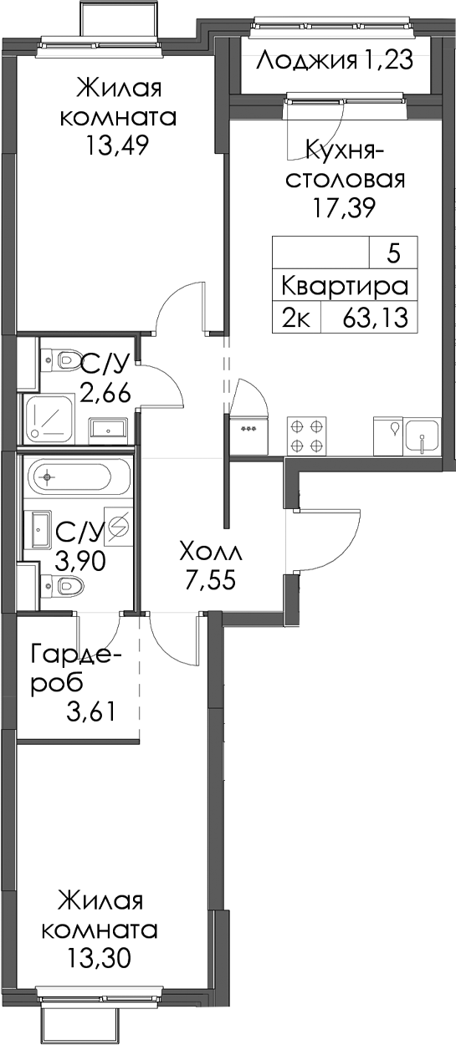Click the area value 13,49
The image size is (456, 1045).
tap(116, 146)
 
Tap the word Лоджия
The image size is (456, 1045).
tap(307, 61)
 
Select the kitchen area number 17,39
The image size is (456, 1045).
tap(344, 208)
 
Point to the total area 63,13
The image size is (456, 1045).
tap(375, 319)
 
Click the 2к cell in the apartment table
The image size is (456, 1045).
tap(296, 319)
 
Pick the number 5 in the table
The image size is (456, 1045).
tap(393, 254)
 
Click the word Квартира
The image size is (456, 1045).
tap(345, 287)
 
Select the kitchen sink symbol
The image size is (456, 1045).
tap(423, 436)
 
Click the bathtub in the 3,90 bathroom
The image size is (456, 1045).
tap(69, 477)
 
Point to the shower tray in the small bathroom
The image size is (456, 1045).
tap(49, 419)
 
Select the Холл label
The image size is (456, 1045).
tap(211, 553)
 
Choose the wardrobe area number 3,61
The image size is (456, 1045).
tap(90, 712)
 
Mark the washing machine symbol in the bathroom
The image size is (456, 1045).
tap(119, 527)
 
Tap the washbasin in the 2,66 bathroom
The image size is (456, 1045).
tap(108, 428)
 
